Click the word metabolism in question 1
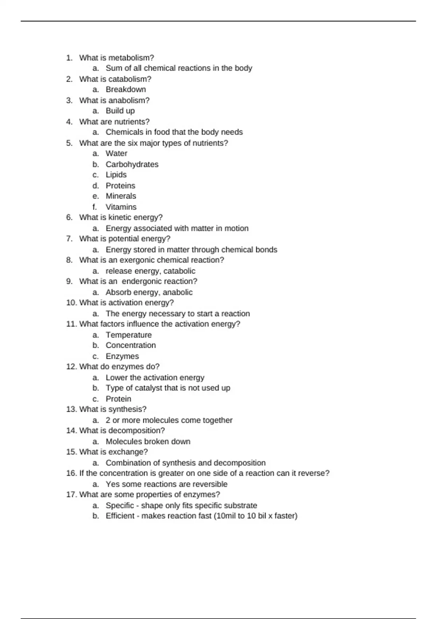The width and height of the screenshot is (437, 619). tap(131, 58)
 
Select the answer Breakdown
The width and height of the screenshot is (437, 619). tap(126, 90)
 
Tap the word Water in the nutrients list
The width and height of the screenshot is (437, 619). tap(116, 154)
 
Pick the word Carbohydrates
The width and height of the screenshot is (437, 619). tap(132, 164)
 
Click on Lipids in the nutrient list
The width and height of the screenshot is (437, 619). tap(116, 175)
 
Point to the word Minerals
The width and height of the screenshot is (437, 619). tap(121, 196)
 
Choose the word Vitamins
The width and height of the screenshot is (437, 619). tap(121, 207)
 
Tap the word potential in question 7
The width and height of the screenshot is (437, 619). tap(124, 239)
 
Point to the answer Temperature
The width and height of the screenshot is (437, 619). tap(129, 335)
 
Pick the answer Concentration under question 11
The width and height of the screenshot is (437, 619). tap(131, 346)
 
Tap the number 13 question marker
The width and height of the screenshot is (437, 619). tap(71, 409)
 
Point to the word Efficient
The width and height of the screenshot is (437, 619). tap(120, 516)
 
